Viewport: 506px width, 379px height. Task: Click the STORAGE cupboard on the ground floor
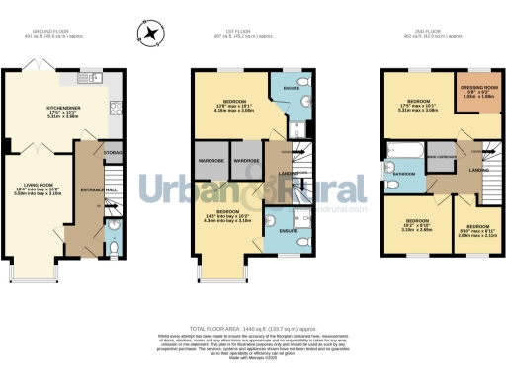113,152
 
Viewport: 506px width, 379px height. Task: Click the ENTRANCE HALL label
99,189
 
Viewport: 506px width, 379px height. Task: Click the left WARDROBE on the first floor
210,160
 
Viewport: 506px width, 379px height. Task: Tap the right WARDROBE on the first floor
245,160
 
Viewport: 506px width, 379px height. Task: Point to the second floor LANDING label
478,171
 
